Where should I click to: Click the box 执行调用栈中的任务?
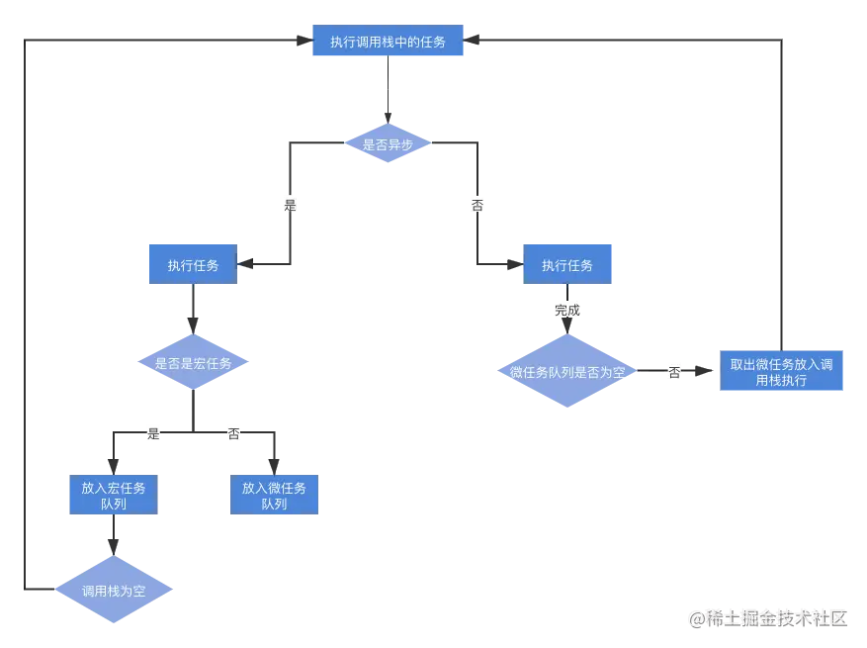tap(388, 43)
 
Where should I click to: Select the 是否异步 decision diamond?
tap(388, 143)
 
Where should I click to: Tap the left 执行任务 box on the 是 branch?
tap(192, 264)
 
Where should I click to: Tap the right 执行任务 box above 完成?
tap(567, 264)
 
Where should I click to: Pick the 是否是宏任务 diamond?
tap(192, 363)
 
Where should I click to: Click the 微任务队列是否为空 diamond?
tap(566, 372)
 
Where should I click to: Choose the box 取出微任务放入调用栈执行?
tap(781, 372)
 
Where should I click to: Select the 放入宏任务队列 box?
tap(113, 495)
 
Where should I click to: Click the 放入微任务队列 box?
tap(274, 495)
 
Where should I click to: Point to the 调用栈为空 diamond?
tap(113, 591)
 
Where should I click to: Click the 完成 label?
tap(567, 310)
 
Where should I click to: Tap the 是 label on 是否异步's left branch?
tap(290, 205)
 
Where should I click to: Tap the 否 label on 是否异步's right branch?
tap(477, 205)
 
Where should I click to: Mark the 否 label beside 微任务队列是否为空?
tap(673, 372)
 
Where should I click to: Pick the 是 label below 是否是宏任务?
tap(153, 432)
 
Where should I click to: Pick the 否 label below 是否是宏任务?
tap(233, 433)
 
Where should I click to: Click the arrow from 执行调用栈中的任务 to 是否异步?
tap(389, 92)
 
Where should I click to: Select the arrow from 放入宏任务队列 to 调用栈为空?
tap(114, 539)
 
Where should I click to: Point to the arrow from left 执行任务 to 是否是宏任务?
tap(193, 311)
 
